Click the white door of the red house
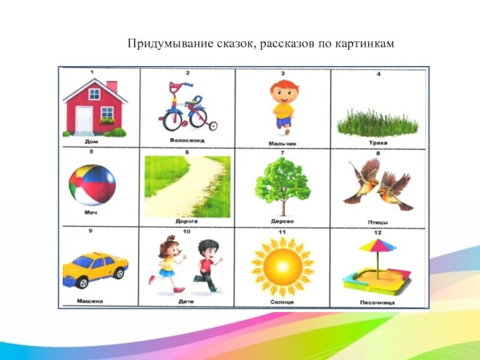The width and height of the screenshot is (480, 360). tap(84, 119)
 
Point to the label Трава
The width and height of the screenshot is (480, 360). tap(378, 143)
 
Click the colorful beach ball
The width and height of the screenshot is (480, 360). tap(92, 185)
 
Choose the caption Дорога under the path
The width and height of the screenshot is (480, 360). tap(187, 221)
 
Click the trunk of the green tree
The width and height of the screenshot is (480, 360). tap(282, 206)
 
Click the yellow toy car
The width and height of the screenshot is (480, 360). tap(95, 267)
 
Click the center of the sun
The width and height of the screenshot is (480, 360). tap(281, 264)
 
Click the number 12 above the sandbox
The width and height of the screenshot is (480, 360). tap(378, 232)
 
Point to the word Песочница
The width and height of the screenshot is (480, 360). tap(377, 302)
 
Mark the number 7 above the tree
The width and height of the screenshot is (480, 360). tap(282, 153)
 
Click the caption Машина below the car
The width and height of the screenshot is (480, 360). tap(90, 301)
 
